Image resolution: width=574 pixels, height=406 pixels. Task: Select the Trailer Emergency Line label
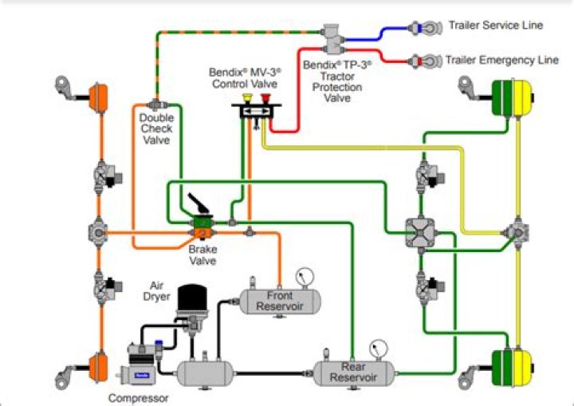[501, 60]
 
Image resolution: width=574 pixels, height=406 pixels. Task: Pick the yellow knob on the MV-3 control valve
[246, 100]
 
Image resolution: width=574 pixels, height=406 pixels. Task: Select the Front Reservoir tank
[280, 301]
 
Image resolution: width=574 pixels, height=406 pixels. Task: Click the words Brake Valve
[202, 254]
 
